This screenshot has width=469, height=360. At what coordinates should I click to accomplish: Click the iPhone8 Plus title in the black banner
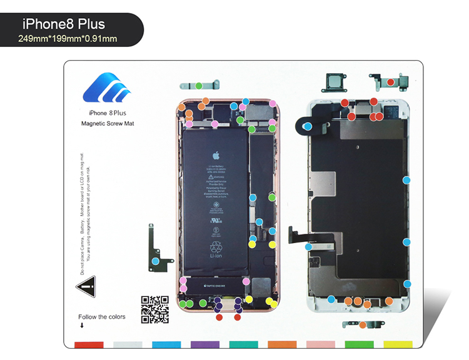[64, 24]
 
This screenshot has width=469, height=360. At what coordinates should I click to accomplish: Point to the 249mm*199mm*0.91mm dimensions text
[68, 39]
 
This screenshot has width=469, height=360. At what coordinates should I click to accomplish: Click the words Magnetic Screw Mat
[108, 124]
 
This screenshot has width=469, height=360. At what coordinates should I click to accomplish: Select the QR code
[154, 309]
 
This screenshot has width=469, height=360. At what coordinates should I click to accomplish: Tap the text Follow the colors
[101, 317]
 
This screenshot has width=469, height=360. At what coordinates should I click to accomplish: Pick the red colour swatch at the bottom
[89, 345]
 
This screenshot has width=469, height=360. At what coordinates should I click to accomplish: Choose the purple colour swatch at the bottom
[204, 345]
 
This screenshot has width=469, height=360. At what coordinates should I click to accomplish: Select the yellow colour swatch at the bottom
[398, 345]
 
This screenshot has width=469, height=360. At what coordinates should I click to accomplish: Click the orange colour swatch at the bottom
[282, 345]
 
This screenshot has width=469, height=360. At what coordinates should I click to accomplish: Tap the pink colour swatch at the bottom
[321, 345]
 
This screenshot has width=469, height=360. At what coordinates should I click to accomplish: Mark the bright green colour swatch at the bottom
[359, 345]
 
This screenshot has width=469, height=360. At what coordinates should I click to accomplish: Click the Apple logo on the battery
[216, 155]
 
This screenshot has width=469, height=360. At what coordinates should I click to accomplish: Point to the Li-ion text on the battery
[216, 256]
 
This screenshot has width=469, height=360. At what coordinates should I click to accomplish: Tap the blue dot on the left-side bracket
[156, 259]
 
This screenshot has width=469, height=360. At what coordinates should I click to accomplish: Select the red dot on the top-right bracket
[390, 82]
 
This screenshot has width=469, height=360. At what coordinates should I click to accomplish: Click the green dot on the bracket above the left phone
[198, 86]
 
